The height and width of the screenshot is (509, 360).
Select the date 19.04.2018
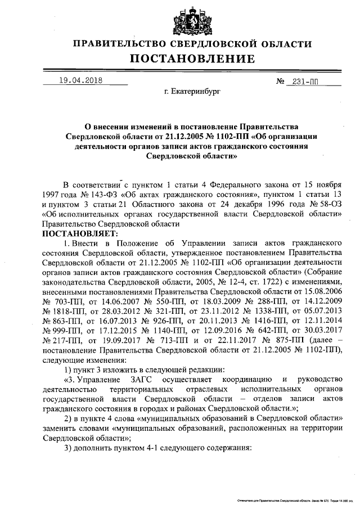[x=80, y=80]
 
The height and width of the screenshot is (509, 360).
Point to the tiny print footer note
[x=292, y=500]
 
